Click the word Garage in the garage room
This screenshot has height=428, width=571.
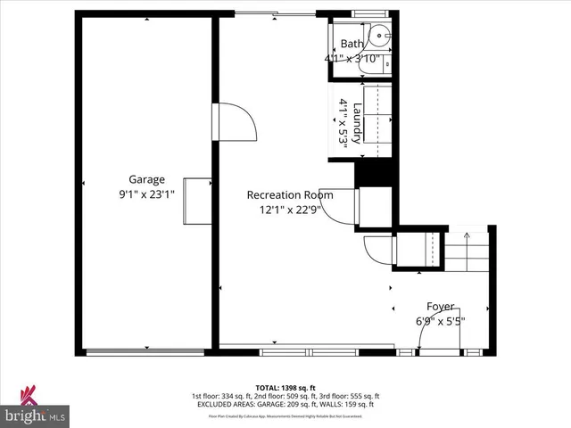pyautogui.click(x=147, y=179)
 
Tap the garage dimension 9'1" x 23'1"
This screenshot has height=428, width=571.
pyautogui.click(x=147, y=193)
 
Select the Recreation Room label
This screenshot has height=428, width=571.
pyautogui.click(x=290, y=195)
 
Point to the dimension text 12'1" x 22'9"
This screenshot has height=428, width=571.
pyautogui.click(x=290, y=210)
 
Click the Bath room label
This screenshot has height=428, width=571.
pyautogui.click(x=352, y=44)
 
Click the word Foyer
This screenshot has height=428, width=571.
pyautogui.click(x=440, y=306)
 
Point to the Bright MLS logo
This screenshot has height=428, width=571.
pyautogui.click(x=36, y=407)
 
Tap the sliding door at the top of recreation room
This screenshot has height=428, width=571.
pyautogui.click(x=275, y=13)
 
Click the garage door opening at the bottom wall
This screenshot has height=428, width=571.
pyautogui.click(x=147, y=352)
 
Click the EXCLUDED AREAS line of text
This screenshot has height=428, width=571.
pyautogui.click(x=285, y=404)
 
